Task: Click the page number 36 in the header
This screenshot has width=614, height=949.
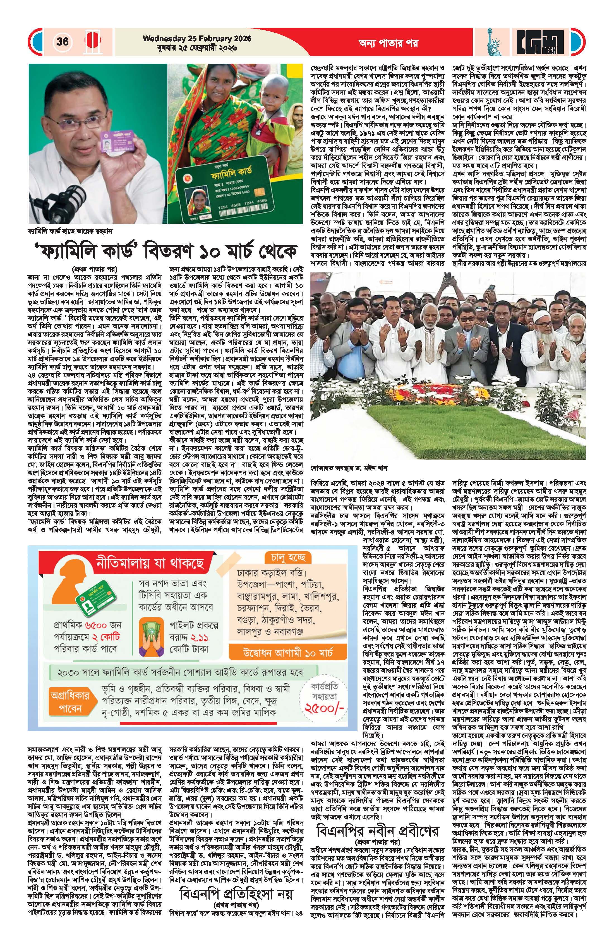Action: pyautogui.click(x=63, y=42)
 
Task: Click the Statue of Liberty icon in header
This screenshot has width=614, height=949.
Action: pyautogui.click(x=494, y=42)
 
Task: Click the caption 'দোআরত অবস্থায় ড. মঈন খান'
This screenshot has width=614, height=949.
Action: pyautogui.click(x=349, y=468)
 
